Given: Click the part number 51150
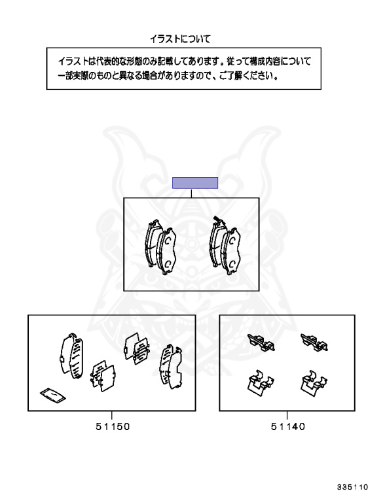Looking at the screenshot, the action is coord(113,426).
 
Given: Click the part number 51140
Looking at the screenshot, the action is coord(288,426).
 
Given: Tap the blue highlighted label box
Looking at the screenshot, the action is coord(195,183).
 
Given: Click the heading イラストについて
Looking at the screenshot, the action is coord(180,39).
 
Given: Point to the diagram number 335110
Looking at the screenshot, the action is coord(352,487).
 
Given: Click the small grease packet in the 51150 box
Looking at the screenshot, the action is coord(53,395).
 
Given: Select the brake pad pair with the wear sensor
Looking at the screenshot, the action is coord(225,246).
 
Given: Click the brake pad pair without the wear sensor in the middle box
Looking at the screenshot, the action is coord(160,247).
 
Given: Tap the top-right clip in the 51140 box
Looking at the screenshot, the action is coord(314,343).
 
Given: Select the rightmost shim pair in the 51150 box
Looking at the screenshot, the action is coord(171,366).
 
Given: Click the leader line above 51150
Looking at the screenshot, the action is coord(112,415).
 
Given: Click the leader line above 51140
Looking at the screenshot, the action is coord(287,415).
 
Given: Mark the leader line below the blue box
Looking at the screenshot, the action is coord(192,193).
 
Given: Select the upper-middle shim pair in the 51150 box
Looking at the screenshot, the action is coord(137,348).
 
